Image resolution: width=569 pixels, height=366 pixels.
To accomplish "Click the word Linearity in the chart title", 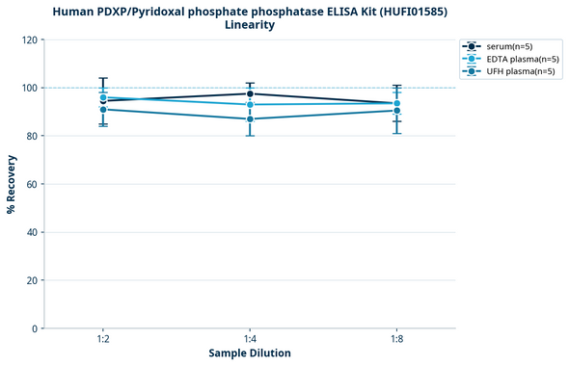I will click(x=250, y=25).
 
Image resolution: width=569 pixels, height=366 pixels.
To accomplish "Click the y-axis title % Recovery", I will click(x=12, y=183).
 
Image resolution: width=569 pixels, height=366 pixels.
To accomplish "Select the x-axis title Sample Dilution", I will click(x=250, y=353).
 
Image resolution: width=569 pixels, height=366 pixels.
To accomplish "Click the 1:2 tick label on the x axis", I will click(x=102, y=339).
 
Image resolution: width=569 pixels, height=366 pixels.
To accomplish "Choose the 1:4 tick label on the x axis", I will click(x=250, y=339).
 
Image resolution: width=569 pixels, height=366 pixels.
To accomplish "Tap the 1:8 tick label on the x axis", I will click(x=397, y=339).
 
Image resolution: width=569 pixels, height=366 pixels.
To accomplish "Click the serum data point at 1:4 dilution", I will click(x=250, y=93).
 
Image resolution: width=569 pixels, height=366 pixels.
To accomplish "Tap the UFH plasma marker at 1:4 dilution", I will click(x=250, y=119).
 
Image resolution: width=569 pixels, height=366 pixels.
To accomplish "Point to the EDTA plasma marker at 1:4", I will click(x=250, y=104).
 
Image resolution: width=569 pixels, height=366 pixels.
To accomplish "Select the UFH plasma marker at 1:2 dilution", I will click(x=102, y=110).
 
